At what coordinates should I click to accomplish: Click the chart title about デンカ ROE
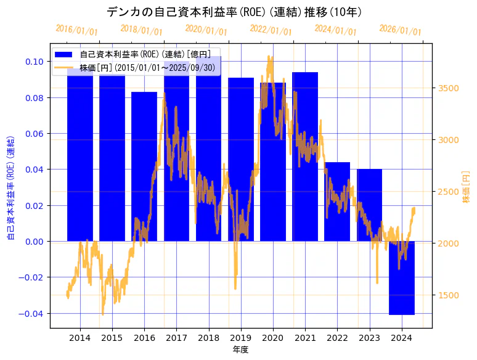234,12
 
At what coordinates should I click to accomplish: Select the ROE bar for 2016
144,166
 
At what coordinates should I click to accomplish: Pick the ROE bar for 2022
337,202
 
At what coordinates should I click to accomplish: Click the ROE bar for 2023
369,205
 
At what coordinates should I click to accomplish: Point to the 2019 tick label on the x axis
240,338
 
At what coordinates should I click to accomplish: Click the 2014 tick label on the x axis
79,338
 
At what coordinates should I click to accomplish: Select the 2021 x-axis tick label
305,338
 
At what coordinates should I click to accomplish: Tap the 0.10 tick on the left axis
35,62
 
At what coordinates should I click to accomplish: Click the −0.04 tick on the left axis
32,313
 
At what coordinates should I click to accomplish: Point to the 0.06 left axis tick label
35,134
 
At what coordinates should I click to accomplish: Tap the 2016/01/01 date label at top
76,30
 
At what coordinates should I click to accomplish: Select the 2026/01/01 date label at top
400,30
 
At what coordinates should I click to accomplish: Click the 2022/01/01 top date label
271,30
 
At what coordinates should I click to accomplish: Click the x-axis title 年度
240,350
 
